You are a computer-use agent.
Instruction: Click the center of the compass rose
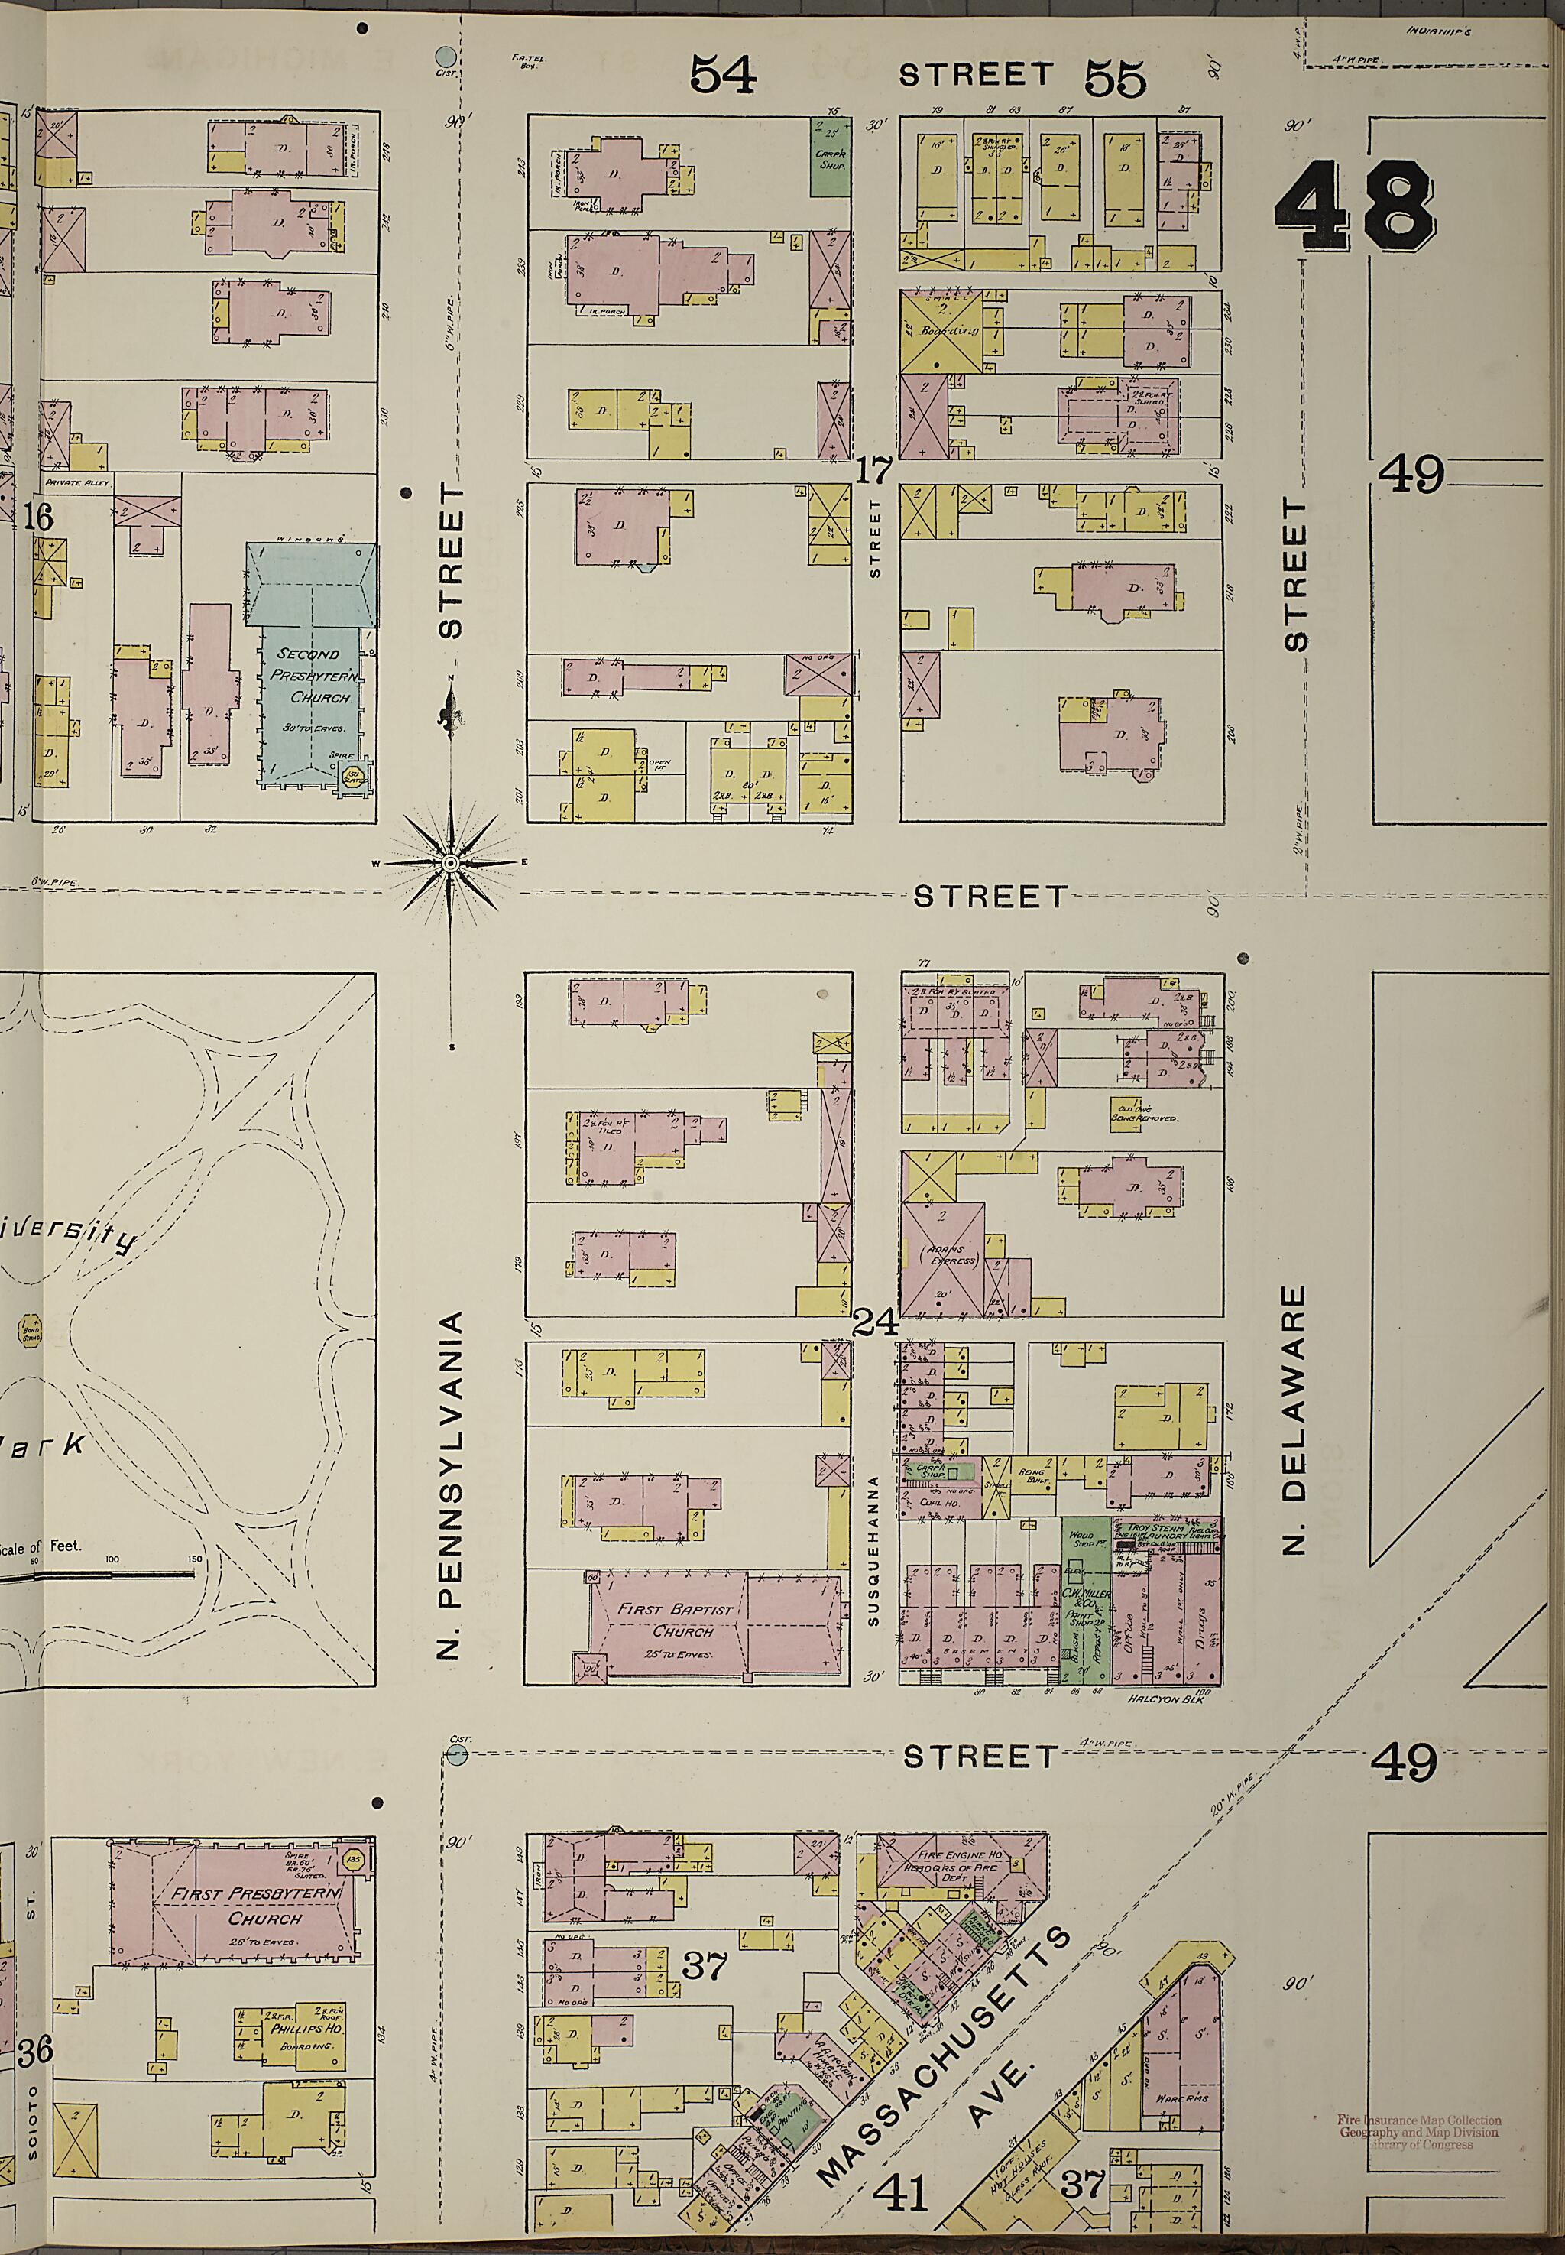(x=449, y=863)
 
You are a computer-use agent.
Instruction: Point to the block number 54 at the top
(x=724, y=75)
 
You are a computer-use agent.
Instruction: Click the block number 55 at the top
(x=1115, y=79)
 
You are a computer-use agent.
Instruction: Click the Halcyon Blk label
(x=1165, y=1698)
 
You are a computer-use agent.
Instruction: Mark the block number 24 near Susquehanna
(x=876, y=1324)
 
